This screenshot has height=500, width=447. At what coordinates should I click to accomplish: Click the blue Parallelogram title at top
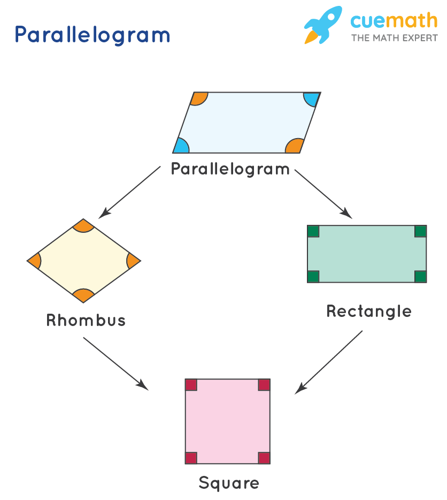click(92, 35)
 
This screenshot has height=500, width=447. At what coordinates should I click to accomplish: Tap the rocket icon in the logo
click(322, 25)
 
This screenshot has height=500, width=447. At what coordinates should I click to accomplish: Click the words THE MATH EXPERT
click(394, 38)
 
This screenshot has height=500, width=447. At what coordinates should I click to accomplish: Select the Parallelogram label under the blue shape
click(230, 169)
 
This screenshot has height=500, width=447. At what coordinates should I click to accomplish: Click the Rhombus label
click(86, 320)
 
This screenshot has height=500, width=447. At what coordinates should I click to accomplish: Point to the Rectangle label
click(369, 311)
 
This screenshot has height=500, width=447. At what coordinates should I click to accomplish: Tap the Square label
click(229, 483)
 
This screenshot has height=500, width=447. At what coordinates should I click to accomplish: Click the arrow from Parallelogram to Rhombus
click(130, 191)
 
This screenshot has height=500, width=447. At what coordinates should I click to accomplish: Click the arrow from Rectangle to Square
click(329, 362)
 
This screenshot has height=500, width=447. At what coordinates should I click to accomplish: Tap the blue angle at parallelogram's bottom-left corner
click(181, 147)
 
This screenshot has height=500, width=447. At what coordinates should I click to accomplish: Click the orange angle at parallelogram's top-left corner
click(199, 98)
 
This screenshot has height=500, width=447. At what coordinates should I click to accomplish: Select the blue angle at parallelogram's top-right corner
click(311, 99)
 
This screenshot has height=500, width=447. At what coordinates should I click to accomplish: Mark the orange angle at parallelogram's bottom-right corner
click(295, 146)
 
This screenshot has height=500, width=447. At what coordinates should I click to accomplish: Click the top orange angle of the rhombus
click(83, 225)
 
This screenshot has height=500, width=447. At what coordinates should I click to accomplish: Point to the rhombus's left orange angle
click(35, 261)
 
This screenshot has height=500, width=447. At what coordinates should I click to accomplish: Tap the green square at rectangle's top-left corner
click(313, 231)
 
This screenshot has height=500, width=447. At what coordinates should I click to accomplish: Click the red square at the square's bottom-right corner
click(264, 458)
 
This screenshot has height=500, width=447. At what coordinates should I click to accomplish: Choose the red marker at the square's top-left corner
click(191, 385)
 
